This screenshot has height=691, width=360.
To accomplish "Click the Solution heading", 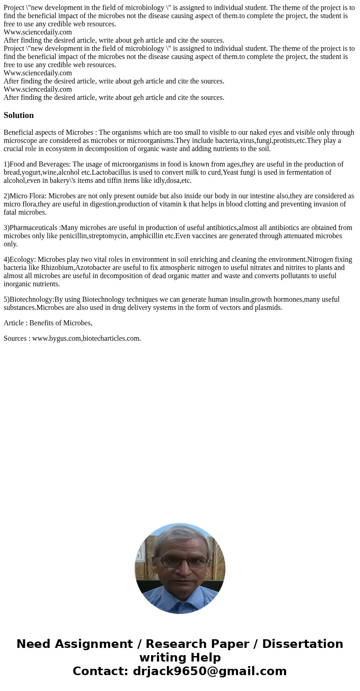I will point(19,115).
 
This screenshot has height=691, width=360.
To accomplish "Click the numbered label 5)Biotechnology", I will point(28,299).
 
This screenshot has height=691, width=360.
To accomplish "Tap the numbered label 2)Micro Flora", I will point(24,196).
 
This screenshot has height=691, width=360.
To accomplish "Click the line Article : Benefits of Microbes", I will point(48,323).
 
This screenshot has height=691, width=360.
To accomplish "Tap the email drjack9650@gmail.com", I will point(209,671).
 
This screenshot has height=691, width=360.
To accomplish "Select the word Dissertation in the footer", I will point(302,644).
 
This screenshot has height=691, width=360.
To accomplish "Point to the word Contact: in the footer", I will point(100,671).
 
